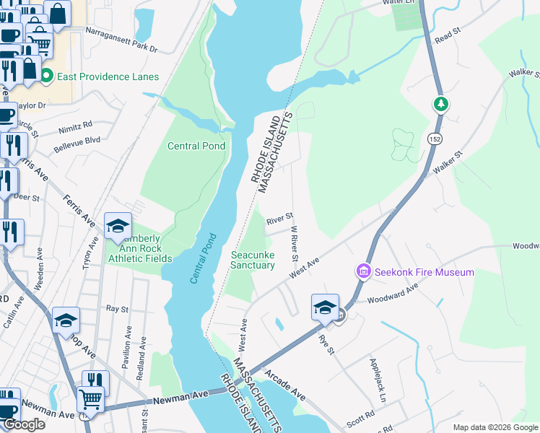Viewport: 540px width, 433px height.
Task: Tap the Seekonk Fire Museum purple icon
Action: pos(362,272)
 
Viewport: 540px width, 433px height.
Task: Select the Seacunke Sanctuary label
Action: pos(253,260)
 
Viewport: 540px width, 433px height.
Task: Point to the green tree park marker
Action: pos(440,105)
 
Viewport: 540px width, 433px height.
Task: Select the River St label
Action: pos(279,216)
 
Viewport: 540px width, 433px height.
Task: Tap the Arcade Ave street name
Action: pos(286,386)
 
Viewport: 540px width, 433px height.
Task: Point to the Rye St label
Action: pos(327,345)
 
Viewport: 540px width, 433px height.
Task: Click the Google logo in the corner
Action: pos(24,424)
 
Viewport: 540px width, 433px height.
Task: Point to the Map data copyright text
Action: pos(495,427)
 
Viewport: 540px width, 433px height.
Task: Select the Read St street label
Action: pos(448,34)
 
